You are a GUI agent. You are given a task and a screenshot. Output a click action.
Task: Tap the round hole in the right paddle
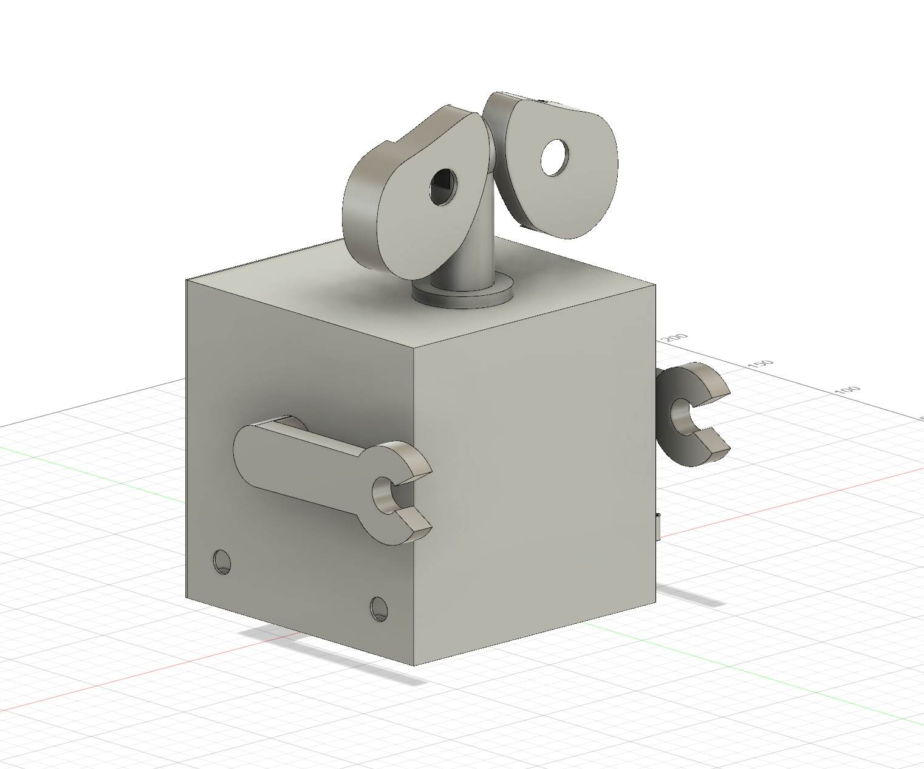(553, 157)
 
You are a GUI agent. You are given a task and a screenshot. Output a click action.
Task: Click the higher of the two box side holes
(222, 562)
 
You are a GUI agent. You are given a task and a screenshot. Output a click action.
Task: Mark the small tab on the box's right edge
(659, 526)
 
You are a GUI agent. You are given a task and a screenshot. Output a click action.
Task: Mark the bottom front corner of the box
(414, 665)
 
